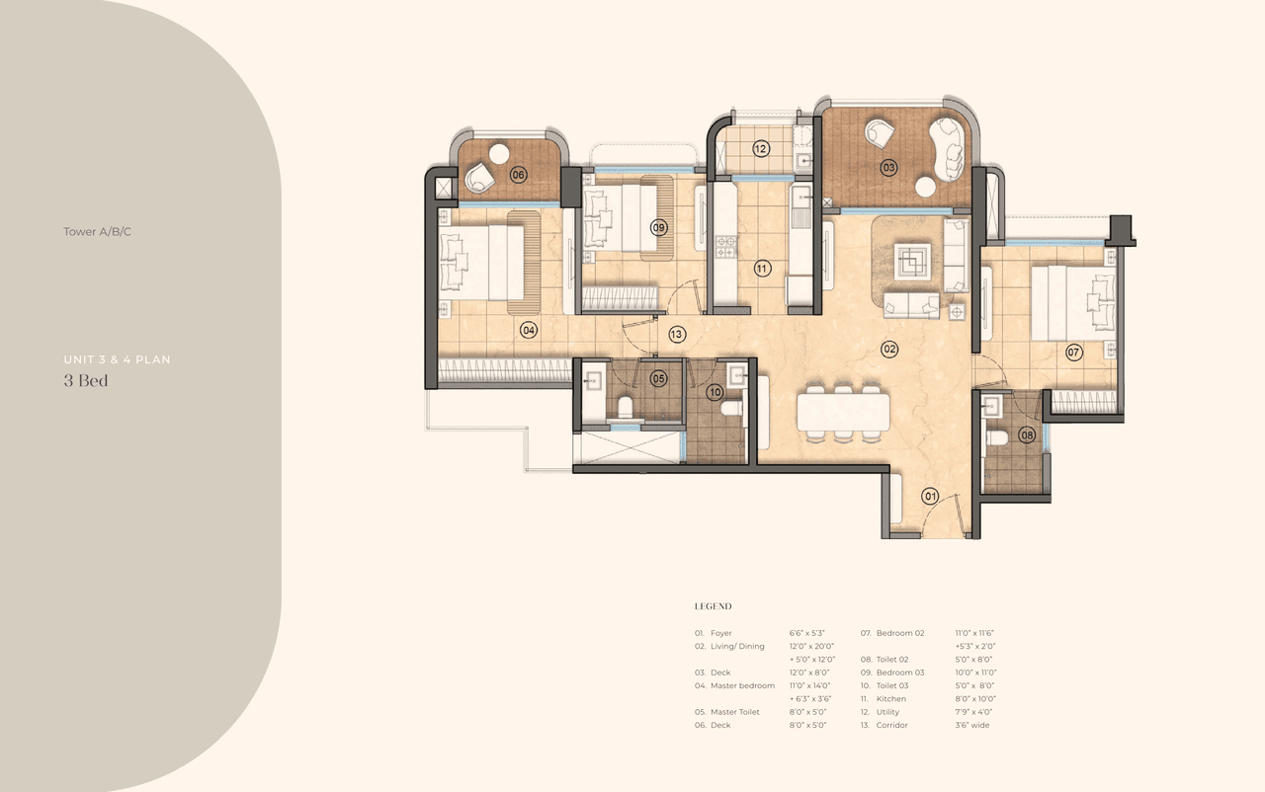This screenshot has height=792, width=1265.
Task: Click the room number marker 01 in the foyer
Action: click(930, 496)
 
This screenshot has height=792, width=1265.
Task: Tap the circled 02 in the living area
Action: click(889, 349)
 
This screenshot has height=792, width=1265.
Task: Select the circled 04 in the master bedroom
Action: click(529, 331)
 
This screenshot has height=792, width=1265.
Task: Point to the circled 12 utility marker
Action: click(760, 149)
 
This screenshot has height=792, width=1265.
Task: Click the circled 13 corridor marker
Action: click(676, 335)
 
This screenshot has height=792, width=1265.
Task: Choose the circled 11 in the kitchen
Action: click(762, 268)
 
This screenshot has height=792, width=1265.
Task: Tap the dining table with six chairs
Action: click(844, 408)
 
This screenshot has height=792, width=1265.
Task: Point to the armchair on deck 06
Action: click(481, 177)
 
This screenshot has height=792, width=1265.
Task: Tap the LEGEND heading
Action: click(713, 606)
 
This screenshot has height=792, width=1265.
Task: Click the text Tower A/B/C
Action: click(97, 232)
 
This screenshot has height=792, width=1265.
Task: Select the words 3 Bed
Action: click(86, 381)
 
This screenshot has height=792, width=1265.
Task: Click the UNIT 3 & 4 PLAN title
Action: click(117, 359)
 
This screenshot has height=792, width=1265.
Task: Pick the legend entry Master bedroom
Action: click(742, 685)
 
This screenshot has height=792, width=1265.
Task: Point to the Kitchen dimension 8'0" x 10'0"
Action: click(974, 698)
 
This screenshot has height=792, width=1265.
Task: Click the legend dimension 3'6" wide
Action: click(971, 725)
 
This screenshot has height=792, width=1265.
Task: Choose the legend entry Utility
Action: click(889, 712)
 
